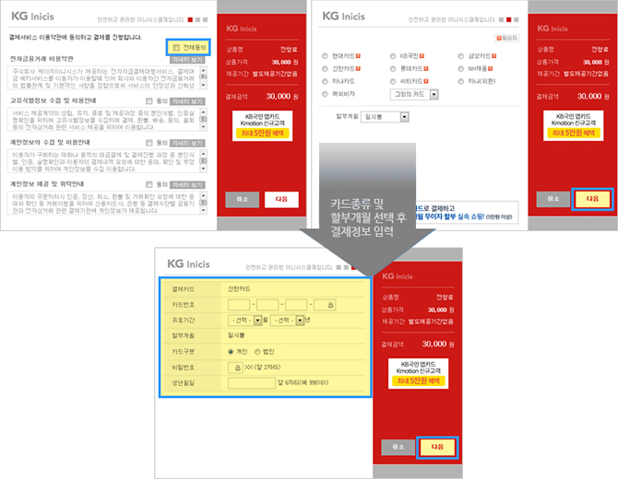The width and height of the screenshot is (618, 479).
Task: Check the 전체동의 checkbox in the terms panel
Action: [x=175, y=46]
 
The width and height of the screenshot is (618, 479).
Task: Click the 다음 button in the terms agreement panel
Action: [x=281, y=199]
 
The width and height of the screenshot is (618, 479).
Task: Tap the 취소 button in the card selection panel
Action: [x=553, y=199]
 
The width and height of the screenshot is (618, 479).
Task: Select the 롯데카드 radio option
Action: [x=392, y=69]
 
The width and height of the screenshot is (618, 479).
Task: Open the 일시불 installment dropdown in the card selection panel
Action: [x=386, y=117]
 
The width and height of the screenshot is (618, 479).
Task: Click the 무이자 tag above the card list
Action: [x=505, y=39]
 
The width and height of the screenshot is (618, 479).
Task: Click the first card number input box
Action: [x=238, y=304]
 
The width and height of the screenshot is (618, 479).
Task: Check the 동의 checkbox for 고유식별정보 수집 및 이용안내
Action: [x=150, y=101]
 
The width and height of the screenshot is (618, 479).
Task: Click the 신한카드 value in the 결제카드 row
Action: [x=238, y=287]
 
